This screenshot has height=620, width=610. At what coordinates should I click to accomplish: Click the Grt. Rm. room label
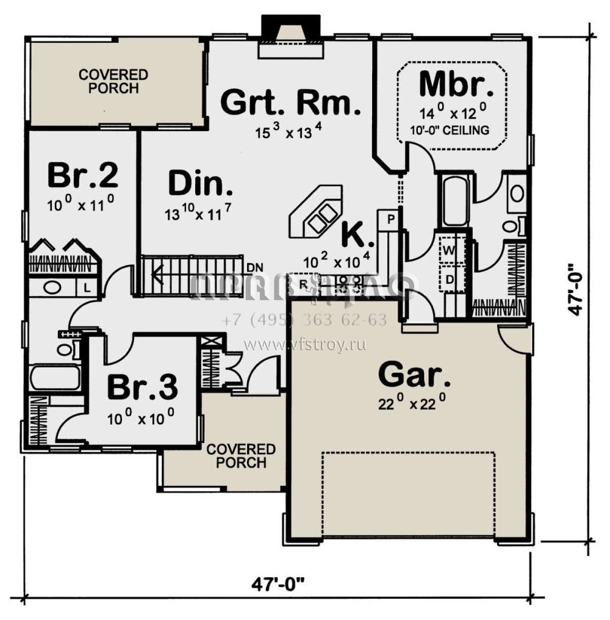[x=287, y=102]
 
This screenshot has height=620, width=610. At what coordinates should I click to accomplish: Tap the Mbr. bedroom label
[x=456, y=84]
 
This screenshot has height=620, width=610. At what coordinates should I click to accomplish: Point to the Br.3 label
[x=142, y=386]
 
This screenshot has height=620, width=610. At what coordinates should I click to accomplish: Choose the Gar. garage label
[x=414, y=374]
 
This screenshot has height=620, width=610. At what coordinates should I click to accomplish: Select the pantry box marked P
[x=389, y=218]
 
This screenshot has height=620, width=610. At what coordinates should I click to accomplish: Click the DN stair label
[x=254, y=267]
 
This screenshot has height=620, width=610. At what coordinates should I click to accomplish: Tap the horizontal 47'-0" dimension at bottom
[x=278, y=583]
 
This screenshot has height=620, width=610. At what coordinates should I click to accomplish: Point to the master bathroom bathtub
[x=455, y=201]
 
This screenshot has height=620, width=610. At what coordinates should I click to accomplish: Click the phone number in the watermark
[x=304, y=320]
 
